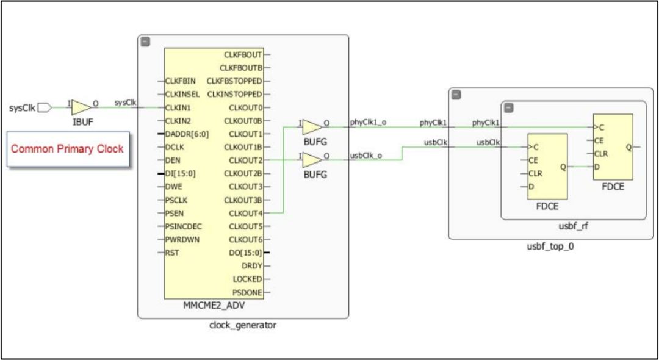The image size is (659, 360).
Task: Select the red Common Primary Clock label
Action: [x=67, y=148]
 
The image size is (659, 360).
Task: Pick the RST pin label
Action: [x=173, y=253]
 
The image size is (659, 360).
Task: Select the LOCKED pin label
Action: [x=248, y=279]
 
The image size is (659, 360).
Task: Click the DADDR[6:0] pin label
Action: [x=187, y=134]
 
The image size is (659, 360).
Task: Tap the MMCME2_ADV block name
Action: [x=213, y=306]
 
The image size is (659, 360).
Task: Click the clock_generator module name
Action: [x=243, y=325]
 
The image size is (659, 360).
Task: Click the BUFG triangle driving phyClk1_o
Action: [x=312, y=127]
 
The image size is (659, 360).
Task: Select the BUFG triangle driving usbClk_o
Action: [x=312, y=160]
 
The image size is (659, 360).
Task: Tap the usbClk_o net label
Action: [x=366, y=155]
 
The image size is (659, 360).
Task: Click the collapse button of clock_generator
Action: [x=145, y=41]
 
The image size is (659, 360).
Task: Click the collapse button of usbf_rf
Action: [x=509, y=107]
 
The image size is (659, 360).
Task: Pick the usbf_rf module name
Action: [x=573, y=227]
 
